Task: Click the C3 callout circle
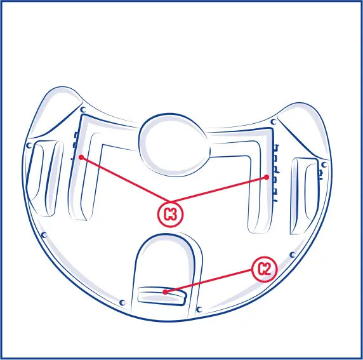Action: [170, 214]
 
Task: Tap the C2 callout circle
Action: [265, 269]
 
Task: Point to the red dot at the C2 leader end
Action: [165, 292]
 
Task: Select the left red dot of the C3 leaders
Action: [81, 157]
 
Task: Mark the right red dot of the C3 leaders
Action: [267, 178]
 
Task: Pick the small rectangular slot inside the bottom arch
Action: [162, 295]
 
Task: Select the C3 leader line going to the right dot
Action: [219, 191]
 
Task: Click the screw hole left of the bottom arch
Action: [122, 302]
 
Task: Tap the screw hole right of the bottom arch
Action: [199, 309]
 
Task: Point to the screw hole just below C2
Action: [293, 255]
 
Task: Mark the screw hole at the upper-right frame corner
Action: [273, 121]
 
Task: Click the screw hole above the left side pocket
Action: [29, 145]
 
